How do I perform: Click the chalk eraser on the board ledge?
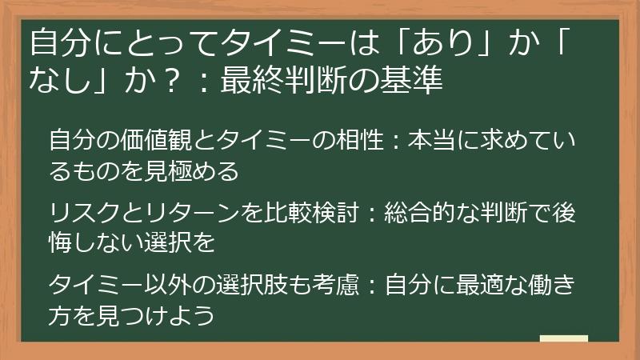click(x=565, y=339)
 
